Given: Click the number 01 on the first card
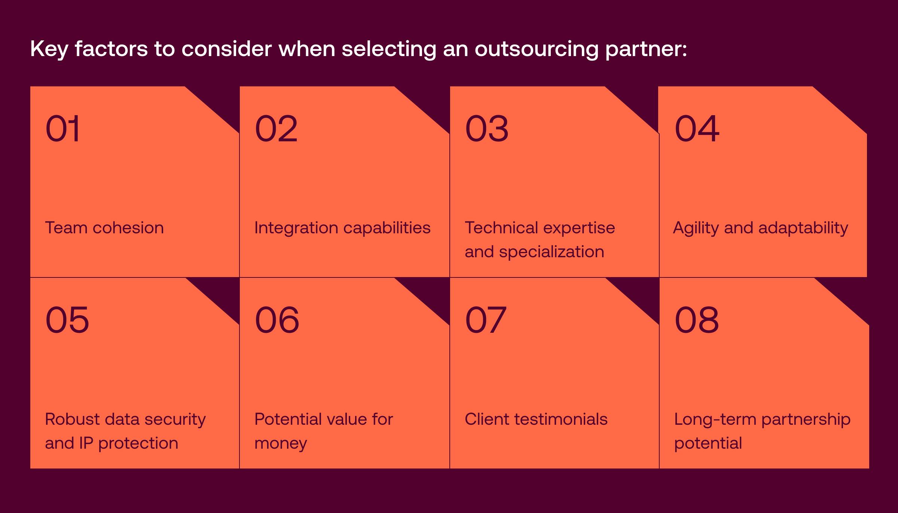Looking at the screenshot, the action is pyautogui.click(x=62, y=129).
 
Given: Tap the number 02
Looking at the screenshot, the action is pyautogui.click(x=276, y=129).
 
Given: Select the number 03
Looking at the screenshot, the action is pyautogui.click(x=487, y=129).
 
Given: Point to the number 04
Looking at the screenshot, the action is pyautogui.click(x=697, y=129).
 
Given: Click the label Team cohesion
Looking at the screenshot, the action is pyautogui.click(x=104, y=228).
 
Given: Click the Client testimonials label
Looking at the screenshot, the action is pyautogui.click(x=536, y=419).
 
